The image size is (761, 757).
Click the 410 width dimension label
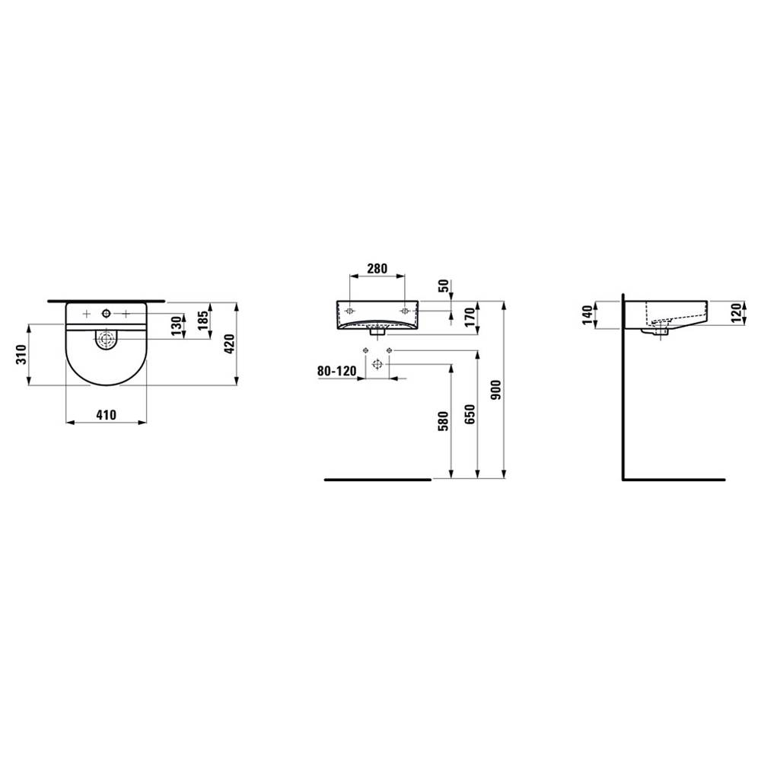click(107, 415)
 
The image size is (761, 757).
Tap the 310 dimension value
click(21, 355)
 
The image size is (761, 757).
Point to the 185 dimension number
click(203, 321)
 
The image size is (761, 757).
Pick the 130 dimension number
click(177, 326)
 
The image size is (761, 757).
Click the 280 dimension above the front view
click(377, 269)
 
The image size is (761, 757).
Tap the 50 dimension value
click(444, 286)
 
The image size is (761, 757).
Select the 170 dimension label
click(470, 318)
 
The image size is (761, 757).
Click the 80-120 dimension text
click(337, 371)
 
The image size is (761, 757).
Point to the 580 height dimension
click(443, 421)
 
